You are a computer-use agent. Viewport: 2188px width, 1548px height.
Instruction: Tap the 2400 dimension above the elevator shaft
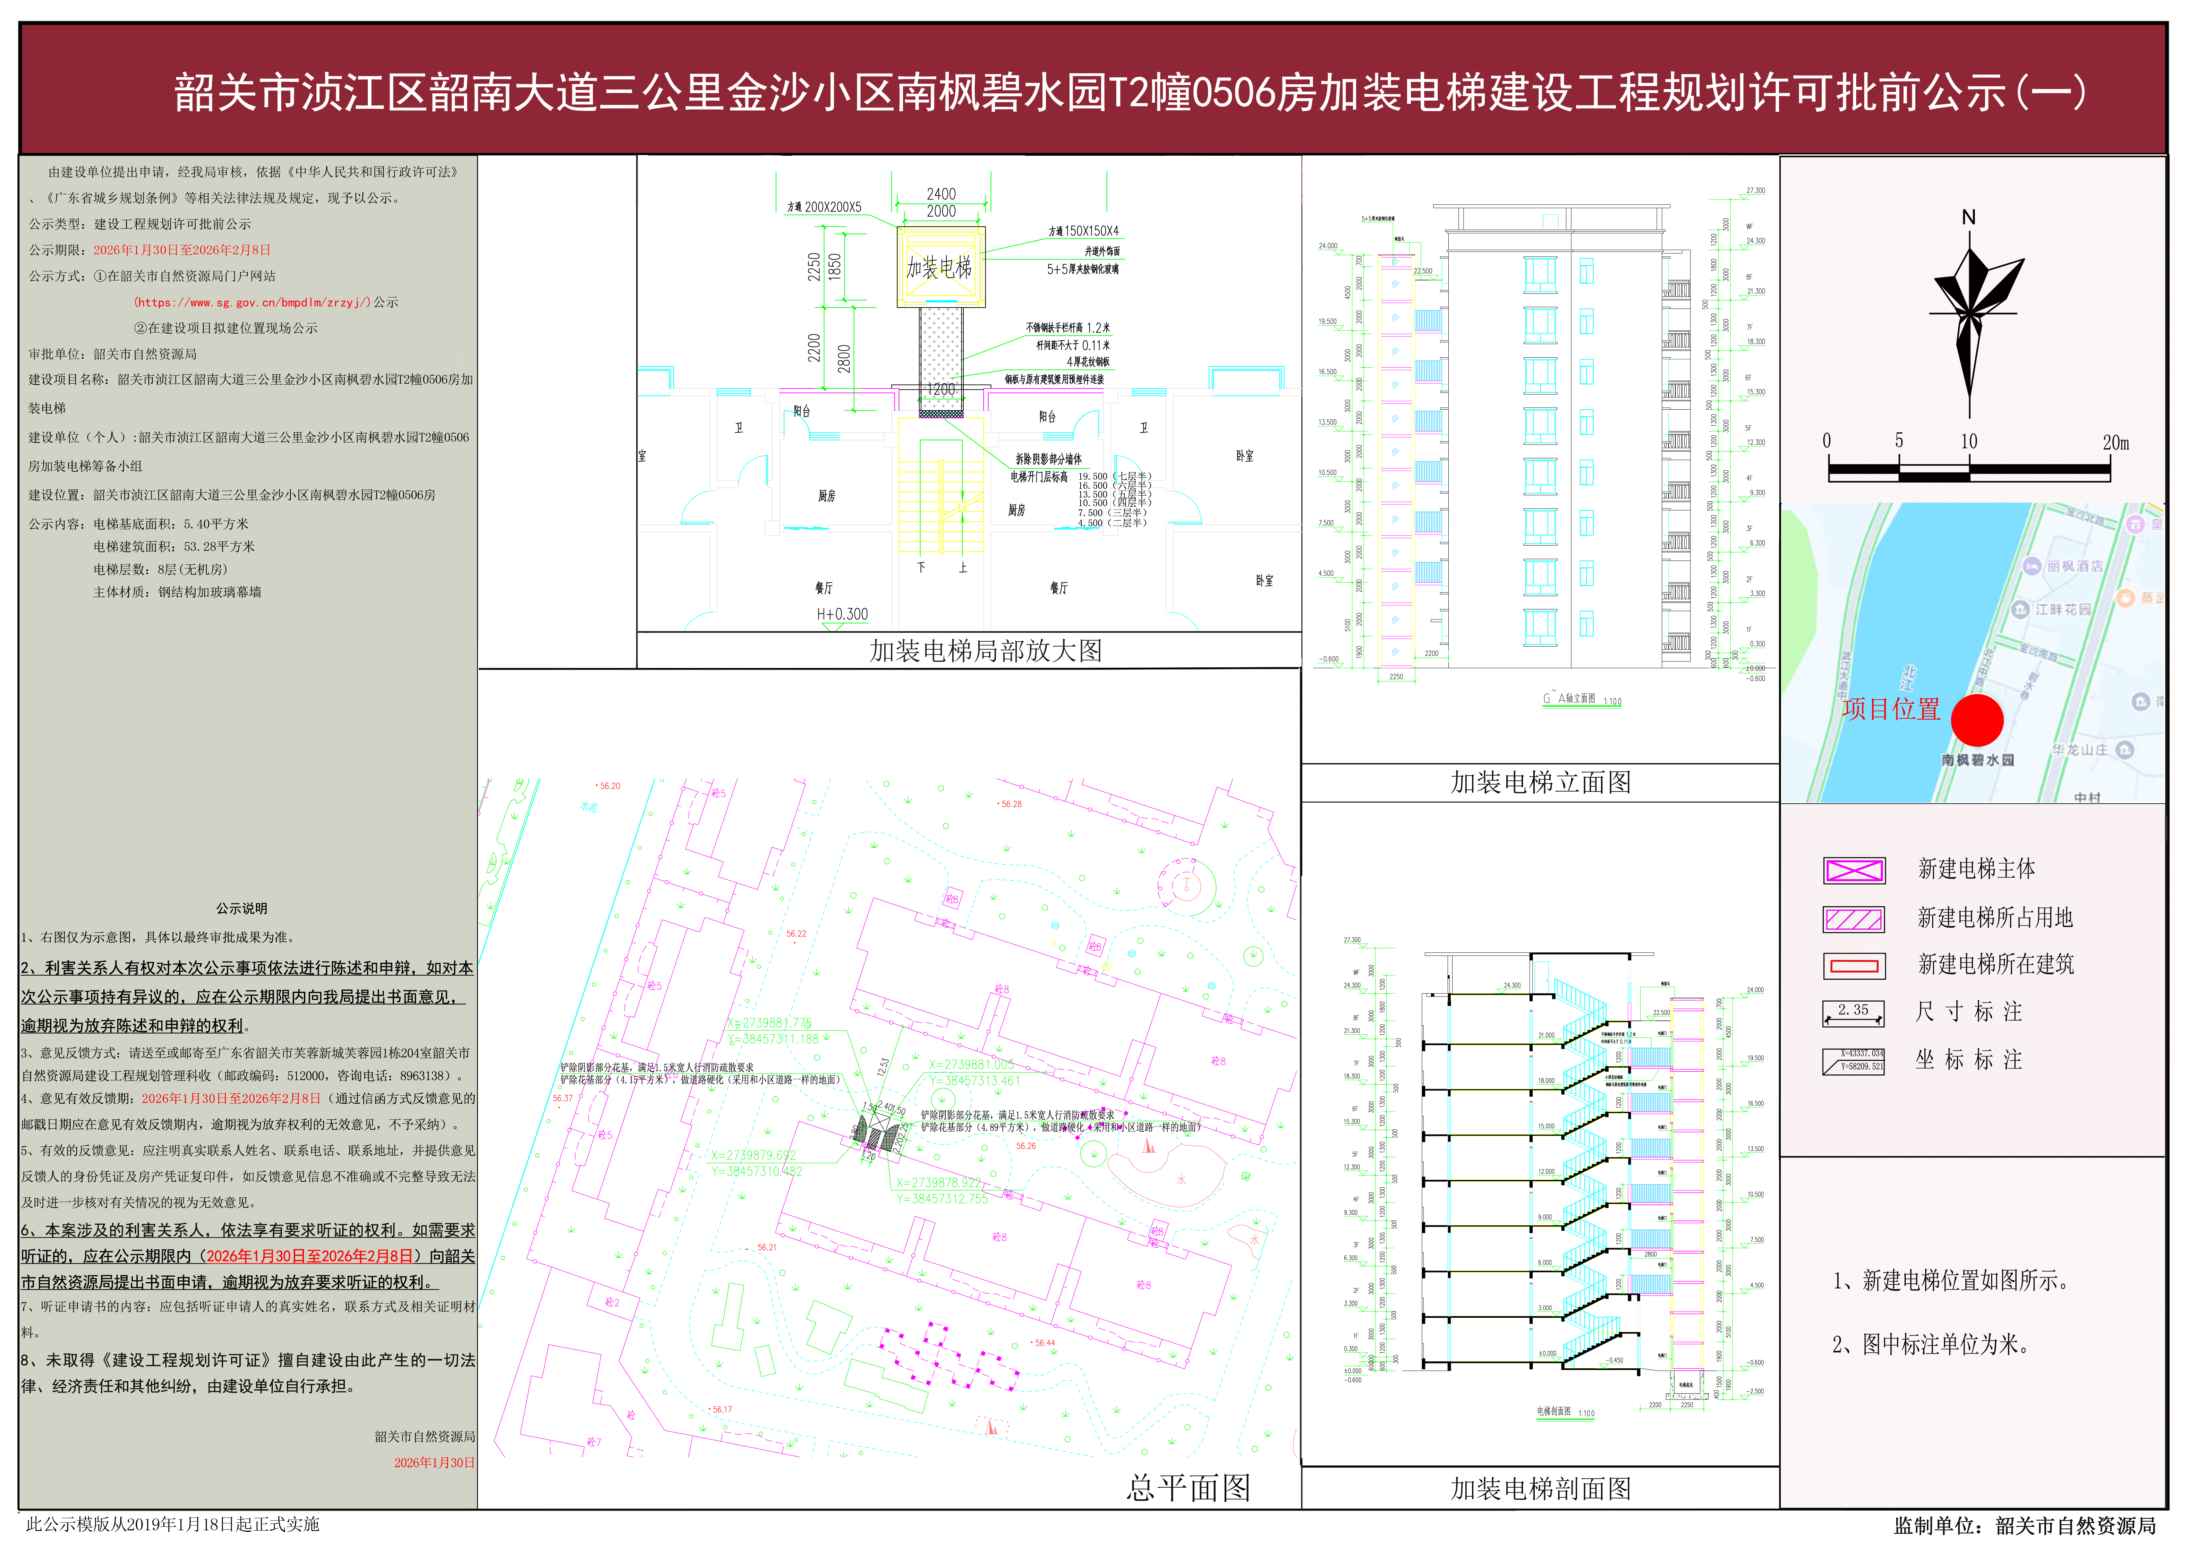[x=941, y=194]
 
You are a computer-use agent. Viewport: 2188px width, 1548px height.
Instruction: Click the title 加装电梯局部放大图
[x=986, y=651]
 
